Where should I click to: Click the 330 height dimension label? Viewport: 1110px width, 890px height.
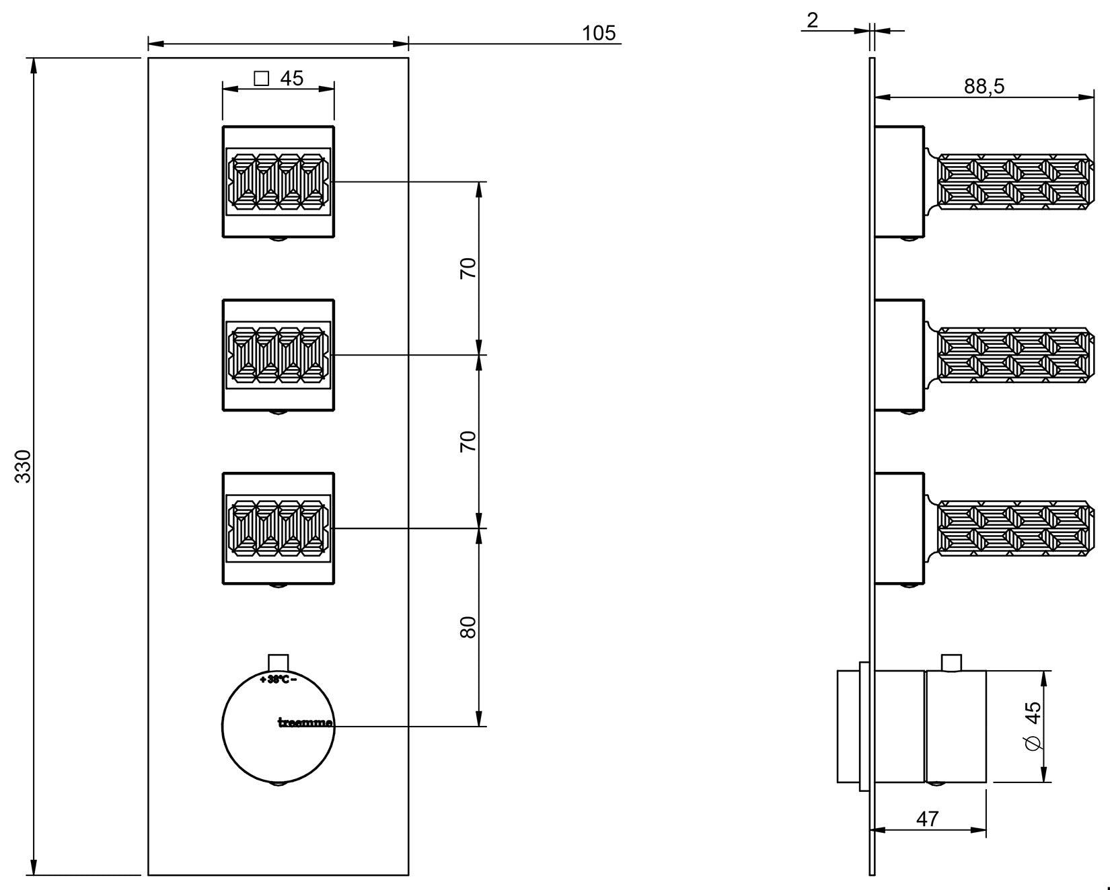pyautogui.click(x=24, y=466)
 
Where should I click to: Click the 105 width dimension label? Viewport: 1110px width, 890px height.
pyautogui.click(x=599, y=33)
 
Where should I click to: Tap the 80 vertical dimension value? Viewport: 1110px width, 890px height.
pyautogui.click(x=468, y=627)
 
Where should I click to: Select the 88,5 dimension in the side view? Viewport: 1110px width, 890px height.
pyautogui.click(x=984, y=86)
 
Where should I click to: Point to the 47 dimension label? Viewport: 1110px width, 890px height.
pyautogui.click(x=927, y=819)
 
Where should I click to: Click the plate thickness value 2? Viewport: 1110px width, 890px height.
pyautogui.click(x=813, y=20)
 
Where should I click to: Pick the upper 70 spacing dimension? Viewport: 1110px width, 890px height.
pyautogui.click(x=468, y=268)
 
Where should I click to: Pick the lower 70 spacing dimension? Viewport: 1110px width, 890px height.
pyautogui.click(x=468, y=442)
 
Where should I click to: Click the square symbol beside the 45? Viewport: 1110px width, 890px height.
pyautogui.click(x=262, y=79)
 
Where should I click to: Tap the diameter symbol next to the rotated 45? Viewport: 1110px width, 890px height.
pyautogui.click(x=1033, y=743)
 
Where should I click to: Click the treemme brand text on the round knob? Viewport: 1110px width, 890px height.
pyautogui.click(x=305, y=723)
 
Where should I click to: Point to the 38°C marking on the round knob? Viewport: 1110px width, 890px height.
pyautogui.click(x=279, y=680)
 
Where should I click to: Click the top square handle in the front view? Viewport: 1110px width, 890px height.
pyautogui.click(x=279, y=181)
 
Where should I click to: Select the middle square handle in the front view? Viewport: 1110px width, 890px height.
pyautogui.click(x=279, y=355)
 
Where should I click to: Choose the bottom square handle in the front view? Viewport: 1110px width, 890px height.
pyautogui.click(x=279, y=528)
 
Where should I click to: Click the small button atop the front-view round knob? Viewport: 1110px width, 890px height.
pyautogui.click(x=278, y=661)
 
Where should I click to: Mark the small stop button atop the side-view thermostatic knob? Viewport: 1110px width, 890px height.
pyautogui.click(x=950, y=662)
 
